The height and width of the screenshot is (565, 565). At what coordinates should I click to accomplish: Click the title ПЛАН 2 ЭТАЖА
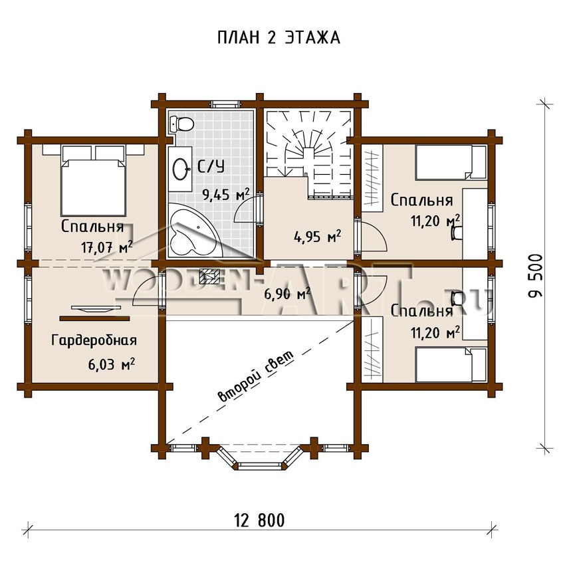(x=279, y=37)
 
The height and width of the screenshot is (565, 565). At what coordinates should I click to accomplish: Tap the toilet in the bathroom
(x=181, y=124)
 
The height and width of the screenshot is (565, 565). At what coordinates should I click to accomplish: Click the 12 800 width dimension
(x=259, y=520)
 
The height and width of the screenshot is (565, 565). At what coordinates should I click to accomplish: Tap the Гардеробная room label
(x=94, y=340)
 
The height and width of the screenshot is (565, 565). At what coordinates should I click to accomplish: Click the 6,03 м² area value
(x=112, y=364)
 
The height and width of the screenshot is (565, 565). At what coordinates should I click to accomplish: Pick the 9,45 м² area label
(x=226, y=195)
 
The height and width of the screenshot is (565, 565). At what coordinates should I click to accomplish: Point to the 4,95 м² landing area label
(x=318, y=237)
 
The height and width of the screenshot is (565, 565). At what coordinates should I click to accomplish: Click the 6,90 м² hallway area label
(x=287, y=294)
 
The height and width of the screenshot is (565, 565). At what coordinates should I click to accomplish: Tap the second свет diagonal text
(x=256, y=376)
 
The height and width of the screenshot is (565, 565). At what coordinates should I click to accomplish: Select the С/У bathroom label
(x=211, y=166)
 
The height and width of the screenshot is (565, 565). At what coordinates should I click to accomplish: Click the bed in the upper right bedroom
(x=451, y=162)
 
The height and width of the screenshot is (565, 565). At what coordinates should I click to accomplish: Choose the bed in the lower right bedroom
(x=451, y=364)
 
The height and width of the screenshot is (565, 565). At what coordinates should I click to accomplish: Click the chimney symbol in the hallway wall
(x=208, y=276)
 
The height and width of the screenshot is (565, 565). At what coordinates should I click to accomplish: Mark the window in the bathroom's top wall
(x=225, y=104)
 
